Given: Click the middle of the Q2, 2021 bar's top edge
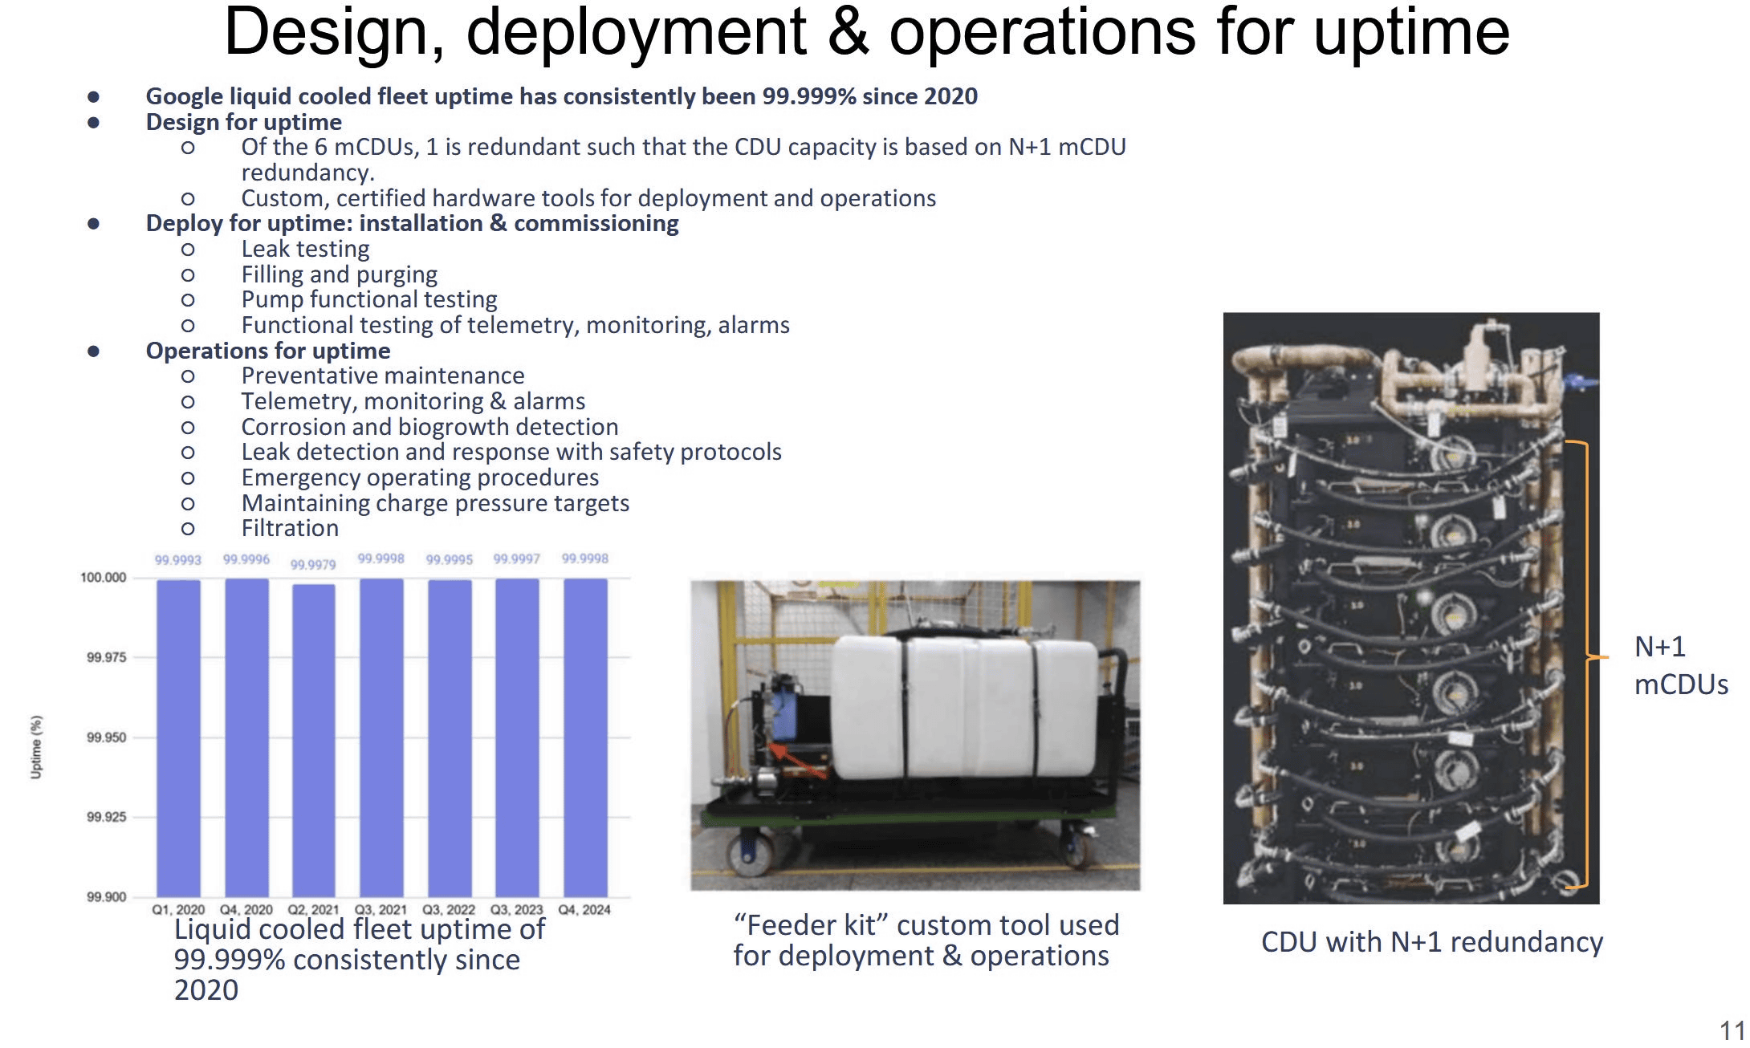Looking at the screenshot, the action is [x=313, y=584].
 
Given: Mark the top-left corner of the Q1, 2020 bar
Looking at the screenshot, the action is [x=157, y=580].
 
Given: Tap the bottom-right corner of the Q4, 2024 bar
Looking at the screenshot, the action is [x=607, y=897].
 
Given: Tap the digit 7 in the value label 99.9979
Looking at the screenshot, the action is [x=324, y=565].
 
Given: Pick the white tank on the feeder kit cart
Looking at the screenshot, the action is [x=963, y=706].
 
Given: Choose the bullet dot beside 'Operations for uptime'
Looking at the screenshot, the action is [x=94, y=351].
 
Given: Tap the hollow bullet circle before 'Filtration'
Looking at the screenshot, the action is [x=188, y=529].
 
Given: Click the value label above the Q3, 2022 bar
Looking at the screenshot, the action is [x=450, y=559].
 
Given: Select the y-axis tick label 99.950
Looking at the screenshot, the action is [x=107, y=737].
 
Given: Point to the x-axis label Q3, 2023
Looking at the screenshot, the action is [x=517, y=909].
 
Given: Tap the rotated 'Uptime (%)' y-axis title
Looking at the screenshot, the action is [x=36, y=747].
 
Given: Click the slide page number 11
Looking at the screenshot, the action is [x=1732, y=1030].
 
